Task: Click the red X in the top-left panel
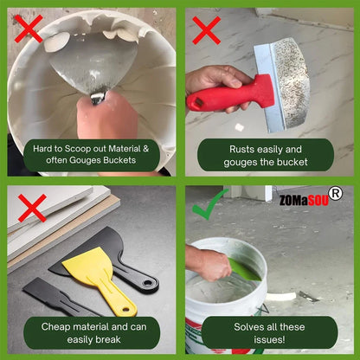29,29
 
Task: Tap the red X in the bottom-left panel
32,207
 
